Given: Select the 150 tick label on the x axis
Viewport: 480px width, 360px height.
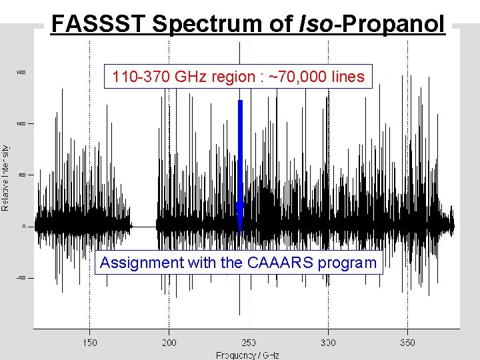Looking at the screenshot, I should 89,343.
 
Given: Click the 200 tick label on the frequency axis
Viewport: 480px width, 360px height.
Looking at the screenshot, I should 169,343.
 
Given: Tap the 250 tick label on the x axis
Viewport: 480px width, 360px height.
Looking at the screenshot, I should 248,343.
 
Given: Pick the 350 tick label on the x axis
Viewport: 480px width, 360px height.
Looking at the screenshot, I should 407,343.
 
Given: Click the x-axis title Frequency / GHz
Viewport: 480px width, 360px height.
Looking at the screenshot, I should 247,355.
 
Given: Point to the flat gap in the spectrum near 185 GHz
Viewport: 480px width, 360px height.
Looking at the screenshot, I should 143,227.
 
